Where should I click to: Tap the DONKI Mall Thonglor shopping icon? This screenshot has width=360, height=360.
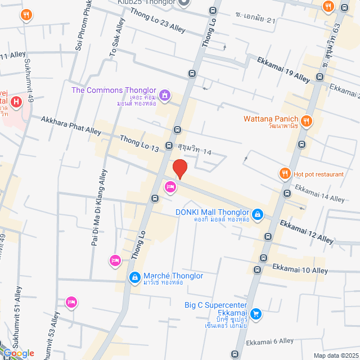[x=257, y=214]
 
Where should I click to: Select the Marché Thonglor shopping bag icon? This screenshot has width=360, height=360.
[x=134, y=277]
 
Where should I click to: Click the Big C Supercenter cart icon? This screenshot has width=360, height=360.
[x=256, y=313]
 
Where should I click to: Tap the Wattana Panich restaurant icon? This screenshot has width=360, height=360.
[x=307, y=119]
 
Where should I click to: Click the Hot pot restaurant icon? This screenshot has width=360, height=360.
[x=285, y=174]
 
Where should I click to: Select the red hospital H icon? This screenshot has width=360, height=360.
[x=16, y=102]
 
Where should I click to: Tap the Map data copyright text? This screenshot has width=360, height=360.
[x=336, y=355]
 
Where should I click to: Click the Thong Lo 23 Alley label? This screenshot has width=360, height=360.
[x=157, y=19]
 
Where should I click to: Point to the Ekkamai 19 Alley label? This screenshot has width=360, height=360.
[x=283, y=69]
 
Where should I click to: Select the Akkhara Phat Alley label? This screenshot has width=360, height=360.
[x=64, y=125]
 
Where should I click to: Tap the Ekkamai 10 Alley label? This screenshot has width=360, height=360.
[x=300, y=271]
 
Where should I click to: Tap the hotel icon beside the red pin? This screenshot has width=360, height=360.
[x=169, y=187]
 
